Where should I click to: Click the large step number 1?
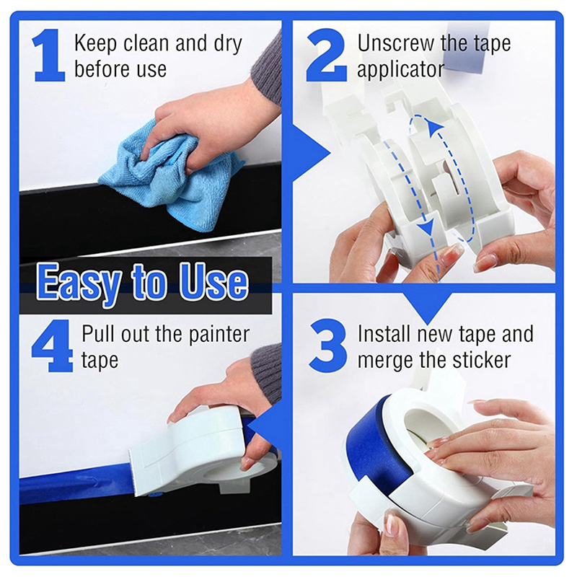[48, 56]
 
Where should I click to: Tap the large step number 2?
[327, 56]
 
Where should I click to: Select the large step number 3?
[327, 345]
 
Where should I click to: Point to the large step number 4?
[51, 345]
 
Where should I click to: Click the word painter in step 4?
[219, 335]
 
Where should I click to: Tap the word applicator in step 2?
[401, 70]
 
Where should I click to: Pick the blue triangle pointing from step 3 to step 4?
[265, 431]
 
